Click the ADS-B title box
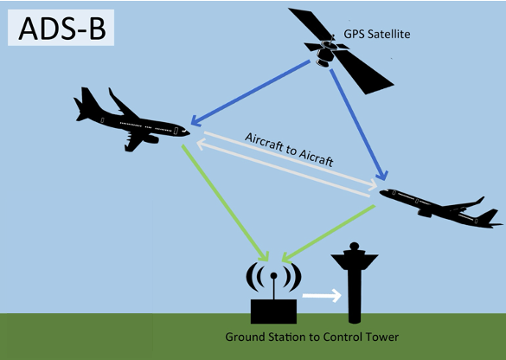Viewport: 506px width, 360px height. (x=61, y=28)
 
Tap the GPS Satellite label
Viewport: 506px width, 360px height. (x=377, y=35)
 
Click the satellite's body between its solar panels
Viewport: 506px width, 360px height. (x=326, y=54)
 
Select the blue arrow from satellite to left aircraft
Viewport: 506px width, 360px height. (x=251, y=93)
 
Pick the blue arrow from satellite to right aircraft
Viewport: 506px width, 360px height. (x=358, y=125)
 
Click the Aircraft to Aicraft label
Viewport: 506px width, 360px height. (x=289, y=150)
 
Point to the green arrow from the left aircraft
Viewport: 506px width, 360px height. (x=225, y=202)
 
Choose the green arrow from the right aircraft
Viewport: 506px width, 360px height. (x=329, y=233)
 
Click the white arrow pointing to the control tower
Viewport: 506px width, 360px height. (x=322, y=295)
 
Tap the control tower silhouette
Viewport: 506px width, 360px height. (x=355, y=284)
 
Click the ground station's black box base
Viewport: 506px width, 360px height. (x=273, y=312)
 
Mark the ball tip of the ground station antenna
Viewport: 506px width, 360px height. (x=273, y=276)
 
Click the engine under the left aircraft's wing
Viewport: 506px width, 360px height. (x=151, y=139)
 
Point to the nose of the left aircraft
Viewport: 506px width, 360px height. (x=187, y=132)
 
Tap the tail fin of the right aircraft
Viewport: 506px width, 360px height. (x=488, y=215)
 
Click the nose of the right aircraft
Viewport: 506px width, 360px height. (x=381, y=192)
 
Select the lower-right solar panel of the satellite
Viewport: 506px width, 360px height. (x=363, y=73)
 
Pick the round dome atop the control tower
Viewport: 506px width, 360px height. (x=355, y=246)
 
